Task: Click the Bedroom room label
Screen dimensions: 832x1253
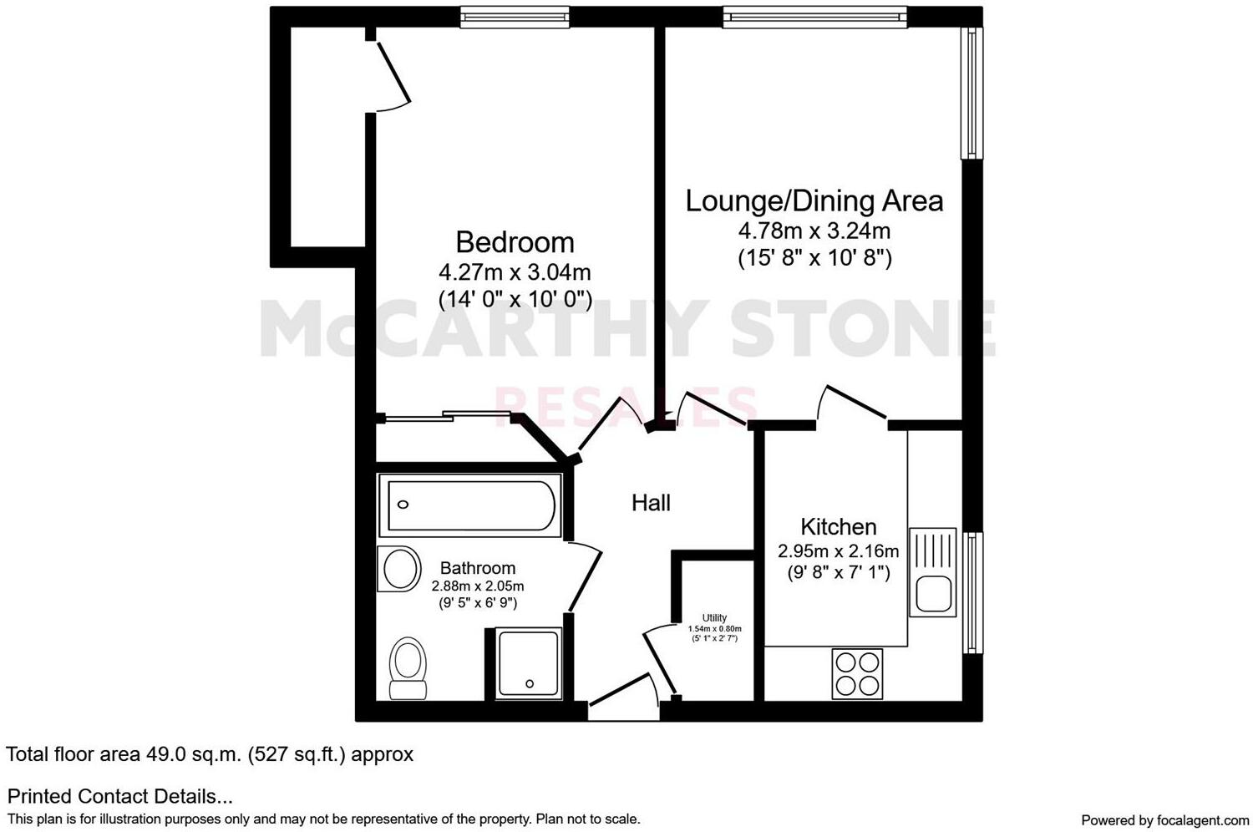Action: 515,242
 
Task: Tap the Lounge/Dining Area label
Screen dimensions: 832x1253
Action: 814,201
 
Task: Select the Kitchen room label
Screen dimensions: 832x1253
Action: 838,526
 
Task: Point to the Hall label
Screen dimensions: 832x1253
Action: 651,503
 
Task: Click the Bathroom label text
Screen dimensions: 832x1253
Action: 478,568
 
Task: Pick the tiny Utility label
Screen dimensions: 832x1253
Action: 714,618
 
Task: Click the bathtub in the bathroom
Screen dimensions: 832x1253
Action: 468,505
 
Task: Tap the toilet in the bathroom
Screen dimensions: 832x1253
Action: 408,667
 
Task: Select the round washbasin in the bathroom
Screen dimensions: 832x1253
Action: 401,569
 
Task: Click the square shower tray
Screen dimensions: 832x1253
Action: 529,664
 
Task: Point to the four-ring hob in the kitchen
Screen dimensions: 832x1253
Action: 857,674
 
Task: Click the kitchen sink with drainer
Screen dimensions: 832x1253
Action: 933,573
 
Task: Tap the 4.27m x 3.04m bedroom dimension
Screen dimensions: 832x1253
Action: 515,272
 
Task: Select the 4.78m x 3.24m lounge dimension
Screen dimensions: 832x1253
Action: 814,231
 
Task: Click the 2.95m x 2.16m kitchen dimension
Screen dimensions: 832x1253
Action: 838,551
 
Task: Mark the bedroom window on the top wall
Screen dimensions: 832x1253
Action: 515,16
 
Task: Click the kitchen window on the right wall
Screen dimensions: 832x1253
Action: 973,592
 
